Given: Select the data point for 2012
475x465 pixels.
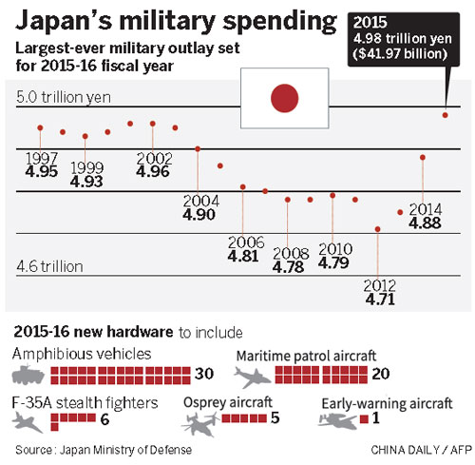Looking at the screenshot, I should (x=378, y=229).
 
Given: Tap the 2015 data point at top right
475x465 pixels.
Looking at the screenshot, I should (x=445, y=115).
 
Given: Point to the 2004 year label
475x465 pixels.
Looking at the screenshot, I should (x=200, y=202).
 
